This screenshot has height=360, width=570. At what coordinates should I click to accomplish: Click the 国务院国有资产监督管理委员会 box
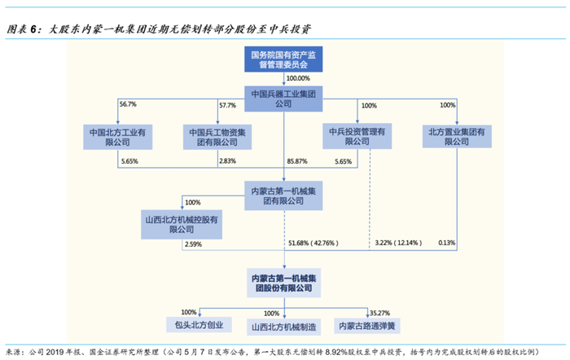283,59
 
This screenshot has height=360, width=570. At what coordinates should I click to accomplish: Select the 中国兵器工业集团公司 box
283,98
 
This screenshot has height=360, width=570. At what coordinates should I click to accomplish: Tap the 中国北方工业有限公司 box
120,136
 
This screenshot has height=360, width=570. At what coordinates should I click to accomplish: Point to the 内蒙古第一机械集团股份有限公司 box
283,283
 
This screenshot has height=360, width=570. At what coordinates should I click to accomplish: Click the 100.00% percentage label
300,78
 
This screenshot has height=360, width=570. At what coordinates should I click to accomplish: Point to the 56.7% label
129,105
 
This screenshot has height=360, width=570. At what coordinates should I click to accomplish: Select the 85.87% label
299,161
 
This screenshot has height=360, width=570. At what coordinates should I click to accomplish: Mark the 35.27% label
379,312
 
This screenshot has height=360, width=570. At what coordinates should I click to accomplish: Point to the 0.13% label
446,243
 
